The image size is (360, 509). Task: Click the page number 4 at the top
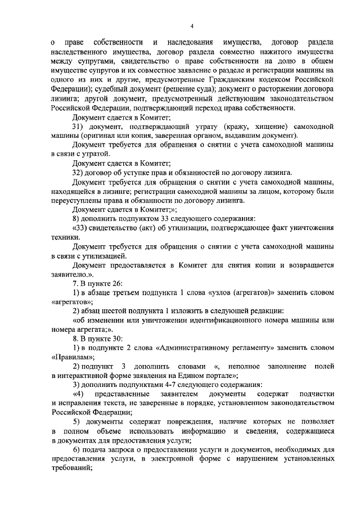pyautogui.click(x=191, y=26)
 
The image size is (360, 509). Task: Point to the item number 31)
pyautogui.click(x=78, y=127)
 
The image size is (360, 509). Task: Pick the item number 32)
pyautogui.click(x=78, y=172)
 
